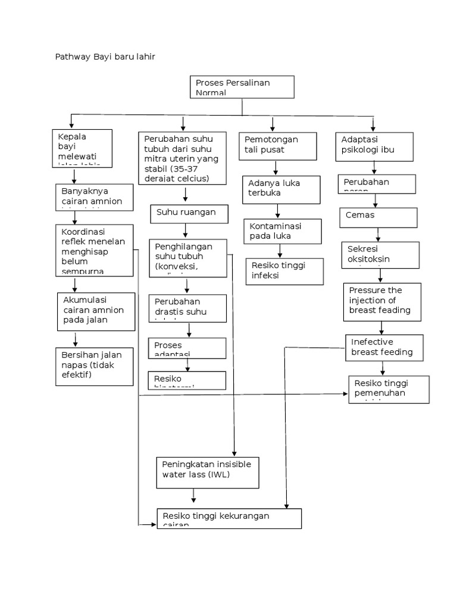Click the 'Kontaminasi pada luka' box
283,231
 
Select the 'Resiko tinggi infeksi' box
284,271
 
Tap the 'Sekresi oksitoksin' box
378,254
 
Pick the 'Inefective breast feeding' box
384,348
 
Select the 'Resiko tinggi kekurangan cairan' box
229,518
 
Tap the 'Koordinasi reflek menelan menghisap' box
94,250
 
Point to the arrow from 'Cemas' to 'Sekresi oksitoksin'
378,234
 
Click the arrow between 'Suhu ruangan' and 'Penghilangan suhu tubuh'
186,230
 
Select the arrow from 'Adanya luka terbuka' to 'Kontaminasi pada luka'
277,211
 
